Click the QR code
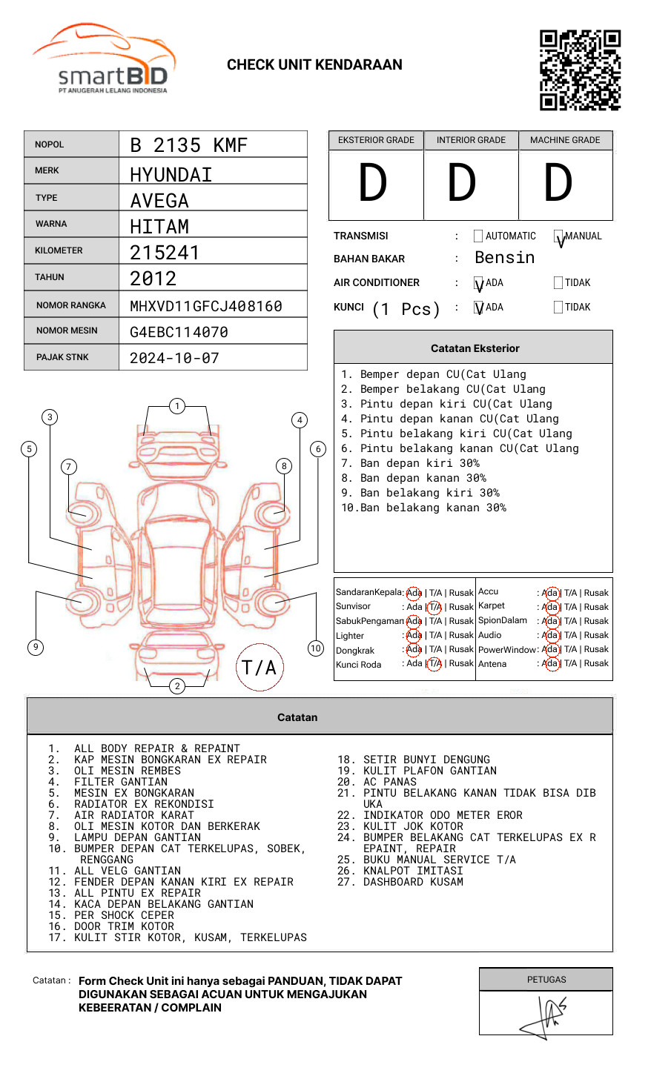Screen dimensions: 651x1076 (x=580, y=70)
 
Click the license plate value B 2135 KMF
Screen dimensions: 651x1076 (x=188, y=145)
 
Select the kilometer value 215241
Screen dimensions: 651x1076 (x=165, y=253)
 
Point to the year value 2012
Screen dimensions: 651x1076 (x=153, y=279)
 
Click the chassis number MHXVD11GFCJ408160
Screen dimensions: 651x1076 (x=206, y=306)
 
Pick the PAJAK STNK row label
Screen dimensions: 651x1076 (x=62, y=357)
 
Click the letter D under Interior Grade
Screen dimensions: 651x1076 (x=462, y=182)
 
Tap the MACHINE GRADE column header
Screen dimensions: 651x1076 (x=565, y=140)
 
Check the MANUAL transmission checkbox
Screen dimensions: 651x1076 (x=558, y=236)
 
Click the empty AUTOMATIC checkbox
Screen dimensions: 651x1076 (x=478, y=236)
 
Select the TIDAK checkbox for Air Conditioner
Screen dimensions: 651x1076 (x=558, y=282)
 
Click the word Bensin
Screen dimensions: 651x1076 (x=505, y=258)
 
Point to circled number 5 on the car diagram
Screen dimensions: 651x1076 (x=30, y=449)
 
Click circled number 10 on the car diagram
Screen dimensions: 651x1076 (x=315, y=648)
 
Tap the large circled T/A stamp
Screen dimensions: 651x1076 (x=260, y=667)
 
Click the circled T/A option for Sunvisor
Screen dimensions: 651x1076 (x=434, y=607)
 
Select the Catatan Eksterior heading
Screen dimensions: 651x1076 (x=475, y=348)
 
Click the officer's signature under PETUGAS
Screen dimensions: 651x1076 (x=543, y=1017)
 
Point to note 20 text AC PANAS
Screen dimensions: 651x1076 (x=390, y=782)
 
